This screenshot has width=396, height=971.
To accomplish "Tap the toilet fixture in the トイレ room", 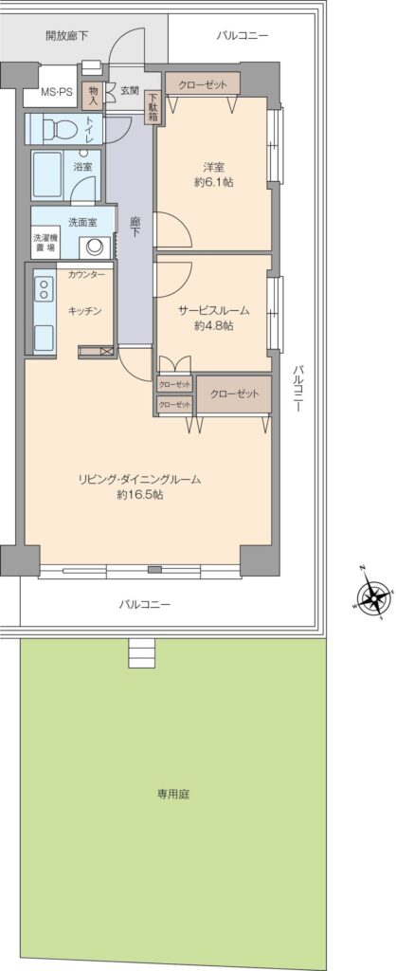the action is coord(58,129).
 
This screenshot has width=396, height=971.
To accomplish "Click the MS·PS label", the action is coord(57,92).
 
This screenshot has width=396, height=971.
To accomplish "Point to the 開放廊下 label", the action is coord(66,35).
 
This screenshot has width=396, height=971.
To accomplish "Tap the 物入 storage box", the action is coord(93,94).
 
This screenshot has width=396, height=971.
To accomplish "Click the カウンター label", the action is coord(86,274).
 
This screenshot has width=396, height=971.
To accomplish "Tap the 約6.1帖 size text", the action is coord(213,183).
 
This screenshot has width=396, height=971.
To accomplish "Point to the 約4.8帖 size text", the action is coord(213,326).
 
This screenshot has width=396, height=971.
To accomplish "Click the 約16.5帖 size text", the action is coord(140,495).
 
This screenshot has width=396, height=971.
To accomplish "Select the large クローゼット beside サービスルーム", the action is coord(234,394).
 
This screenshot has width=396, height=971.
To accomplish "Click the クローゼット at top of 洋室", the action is coord(203,84).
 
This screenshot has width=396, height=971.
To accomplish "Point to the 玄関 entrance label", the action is coord(130,90).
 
